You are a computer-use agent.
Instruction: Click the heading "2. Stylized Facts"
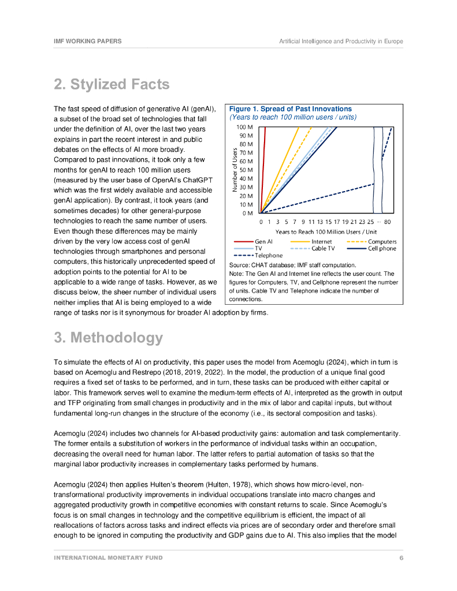[x=112, y=84]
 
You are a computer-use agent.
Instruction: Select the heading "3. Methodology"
[x=108, y=338]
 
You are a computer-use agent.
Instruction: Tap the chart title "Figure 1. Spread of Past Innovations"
[x=290, y=109]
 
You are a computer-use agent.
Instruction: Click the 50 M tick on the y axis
[x=246, y=170]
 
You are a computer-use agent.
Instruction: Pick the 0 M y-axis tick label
[x=248, y=213]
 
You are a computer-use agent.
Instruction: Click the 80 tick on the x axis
[x=387, y=222]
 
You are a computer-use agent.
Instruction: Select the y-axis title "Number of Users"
[x=235, y=170]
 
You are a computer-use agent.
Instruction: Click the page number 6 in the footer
[x=401, y=558]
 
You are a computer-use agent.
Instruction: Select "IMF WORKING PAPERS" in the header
[x=88, y=42]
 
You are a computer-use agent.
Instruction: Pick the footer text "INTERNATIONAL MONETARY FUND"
[x=108, y=558]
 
